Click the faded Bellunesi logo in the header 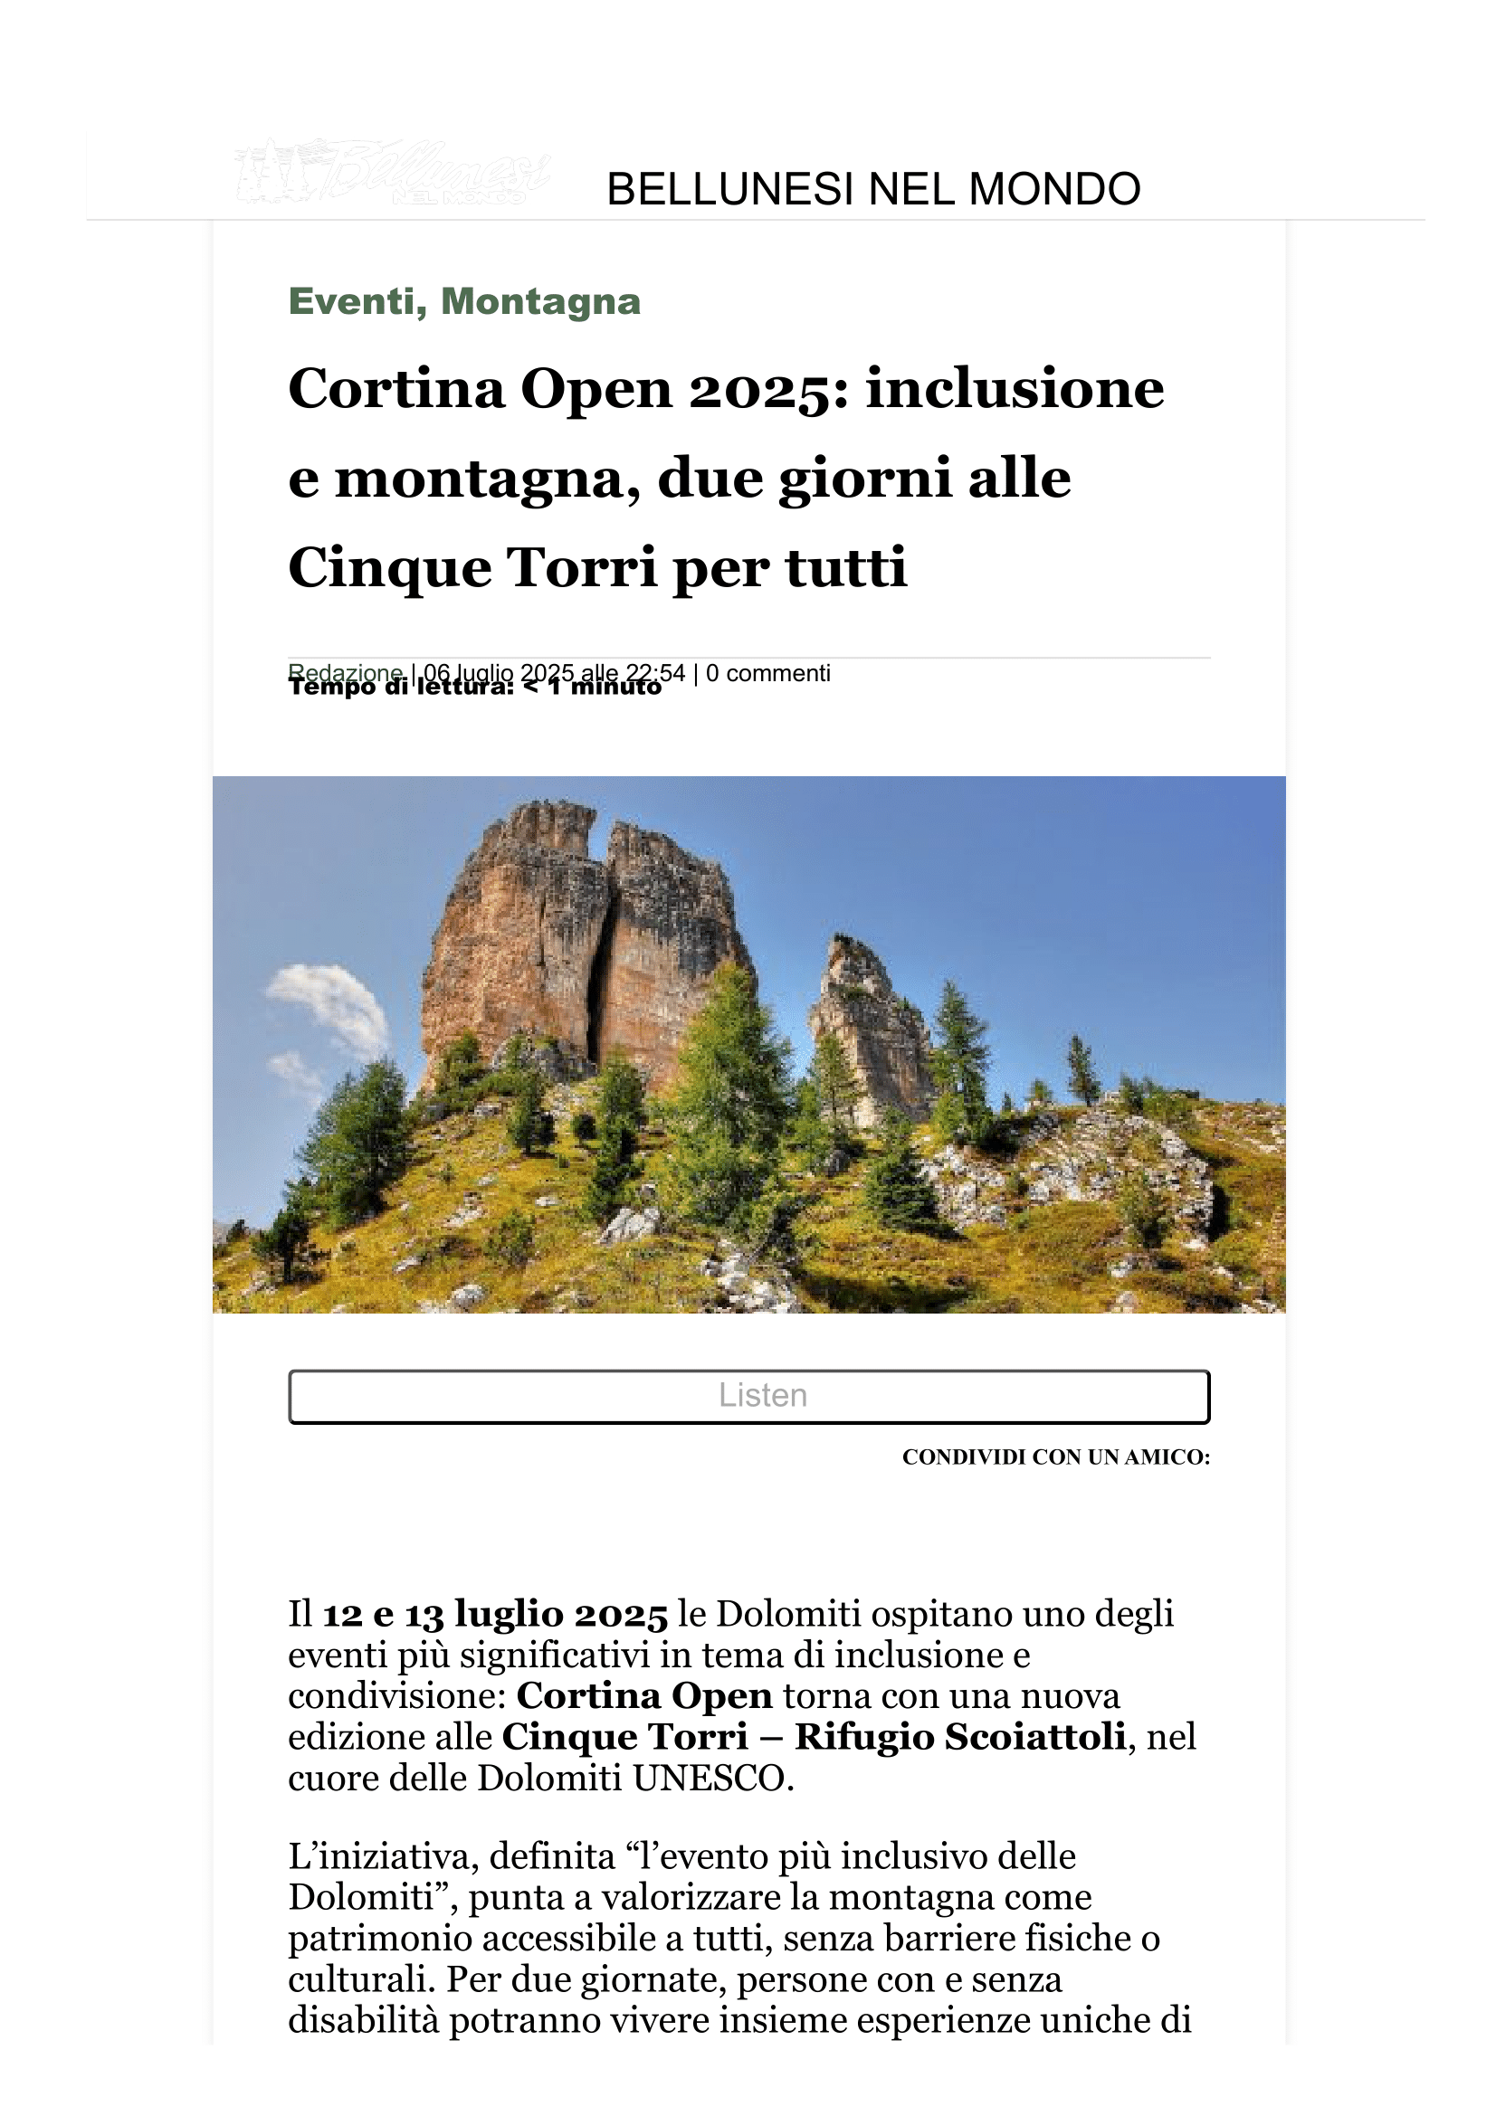392,173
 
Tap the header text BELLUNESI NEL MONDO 873,190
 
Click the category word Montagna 540,301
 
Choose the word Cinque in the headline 388,567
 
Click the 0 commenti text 767,674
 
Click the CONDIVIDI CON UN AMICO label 1055,1457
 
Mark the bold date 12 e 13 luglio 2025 494,1614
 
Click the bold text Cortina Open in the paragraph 643,1694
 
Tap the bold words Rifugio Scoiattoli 959,1736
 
